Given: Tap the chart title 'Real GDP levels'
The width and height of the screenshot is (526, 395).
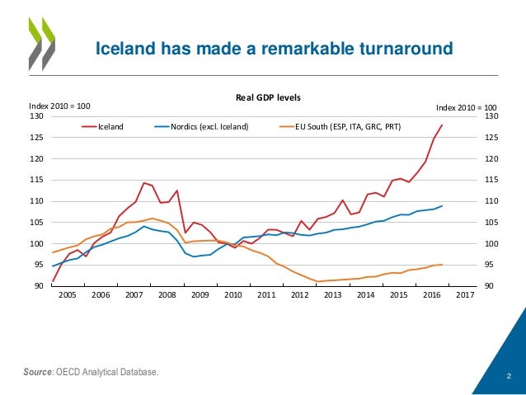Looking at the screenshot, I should [x=269, y=97].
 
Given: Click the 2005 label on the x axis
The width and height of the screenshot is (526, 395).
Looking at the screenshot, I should [x=67, y=294].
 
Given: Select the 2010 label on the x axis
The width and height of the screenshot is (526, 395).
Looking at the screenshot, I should [x=232, y=294].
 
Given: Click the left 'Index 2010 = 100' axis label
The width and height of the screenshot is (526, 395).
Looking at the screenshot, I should [x=59, y=106].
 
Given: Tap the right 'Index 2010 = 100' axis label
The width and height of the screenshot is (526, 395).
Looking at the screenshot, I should [x=467, y=107].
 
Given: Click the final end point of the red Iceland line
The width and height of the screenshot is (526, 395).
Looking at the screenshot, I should [x=443, y=125].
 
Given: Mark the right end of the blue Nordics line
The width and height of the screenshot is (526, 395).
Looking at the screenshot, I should [x=443, y=206].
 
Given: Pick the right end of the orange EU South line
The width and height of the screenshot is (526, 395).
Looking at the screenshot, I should [x=443, y=265].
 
